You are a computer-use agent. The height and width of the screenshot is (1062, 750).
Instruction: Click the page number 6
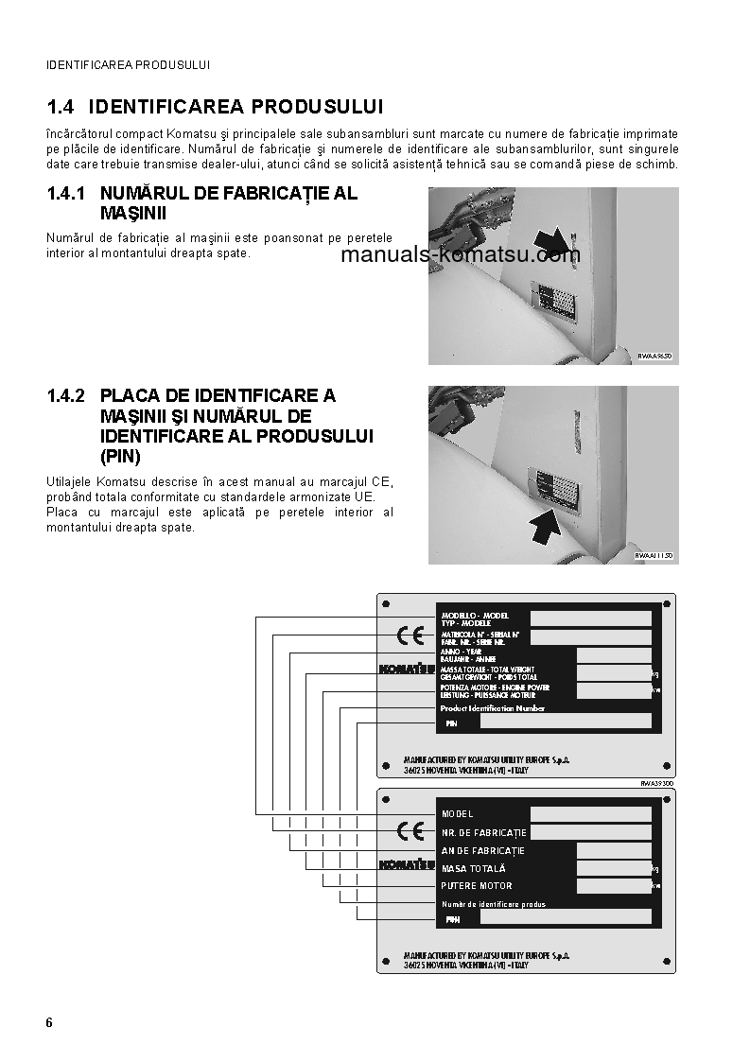49,1023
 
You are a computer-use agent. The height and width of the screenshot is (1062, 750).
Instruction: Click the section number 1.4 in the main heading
62,106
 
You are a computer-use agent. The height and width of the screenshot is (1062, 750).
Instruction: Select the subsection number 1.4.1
66,193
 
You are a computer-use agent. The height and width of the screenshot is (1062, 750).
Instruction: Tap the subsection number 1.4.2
66,395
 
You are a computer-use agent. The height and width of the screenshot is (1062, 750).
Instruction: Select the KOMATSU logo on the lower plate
407,864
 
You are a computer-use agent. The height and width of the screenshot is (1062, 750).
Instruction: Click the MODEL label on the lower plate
458,813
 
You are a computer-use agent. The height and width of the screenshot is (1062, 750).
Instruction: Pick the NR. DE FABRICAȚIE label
483,832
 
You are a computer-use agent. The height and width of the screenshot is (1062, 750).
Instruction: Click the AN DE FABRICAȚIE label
482,850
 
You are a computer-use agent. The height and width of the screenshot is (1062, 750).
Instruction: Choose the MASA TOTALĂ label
473,868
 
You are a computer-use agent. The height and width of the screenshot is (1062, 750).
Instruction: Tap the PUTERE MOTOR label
477,886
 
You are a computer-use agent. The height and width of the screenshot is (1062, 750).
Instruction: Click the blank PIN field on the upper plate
566,722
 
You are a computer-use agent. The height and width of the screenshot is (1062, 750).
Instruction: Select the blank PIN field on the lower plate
566,916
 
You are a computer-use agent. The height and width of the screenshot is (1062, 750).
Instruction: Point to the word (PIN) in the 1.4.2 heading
120,457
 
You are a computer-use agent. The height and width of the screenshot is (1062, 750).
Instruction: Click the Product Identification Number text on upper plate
493,707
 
